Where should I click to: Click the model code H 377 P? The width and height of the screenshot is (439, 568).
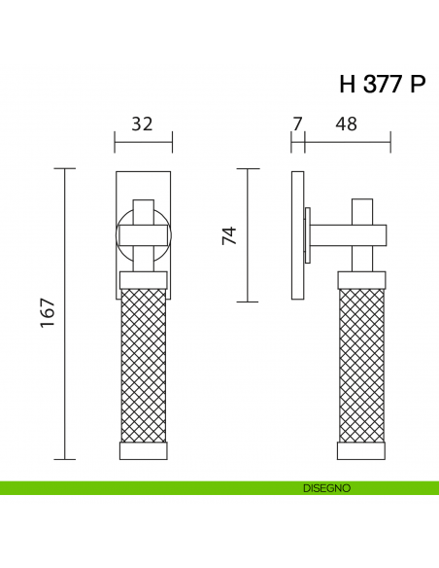point(382,84)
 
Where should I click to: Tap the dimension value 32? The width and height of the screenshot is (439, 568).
point(142,124)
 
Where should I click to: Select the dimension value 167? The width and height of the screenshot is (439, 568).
point(48,313)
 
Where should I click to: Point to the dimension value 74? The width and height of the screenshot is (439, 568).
point(229,235)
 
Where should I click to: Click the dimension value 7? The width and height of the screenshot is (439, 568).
point(297,124)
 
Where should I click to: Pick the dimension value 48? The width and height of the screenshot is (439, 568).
point(346,124)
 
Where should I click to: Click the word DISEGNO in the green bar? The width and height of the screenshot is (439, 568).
point(326,488)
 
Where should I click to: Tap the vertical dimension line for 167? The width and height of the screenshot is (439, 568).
point(65,314)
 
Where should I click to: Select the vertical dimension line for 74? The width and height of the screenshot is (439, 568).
point(248,235)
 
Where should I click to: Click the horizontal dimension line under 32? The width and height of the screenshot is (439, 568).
point(144,142)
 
